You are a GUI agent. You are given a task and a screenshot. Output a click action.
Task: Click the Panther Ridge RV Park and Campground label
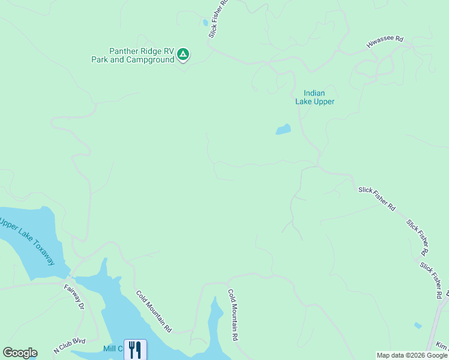(133, 56)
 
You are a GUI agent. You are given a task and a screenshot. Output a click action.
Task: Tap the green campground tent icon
(184, 55)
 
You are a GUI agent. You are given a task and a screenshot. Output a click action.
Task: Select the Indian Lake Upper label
(315, 97)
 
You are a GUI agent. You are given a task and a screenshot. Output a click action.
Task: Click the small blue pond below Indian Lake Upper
(283, 129)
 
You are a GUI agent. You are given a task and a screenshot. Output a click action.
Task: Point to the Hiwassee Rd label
(385, 43)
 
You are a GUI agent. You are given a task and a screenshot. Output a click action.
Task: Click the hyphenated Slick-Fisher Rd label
(377, 198)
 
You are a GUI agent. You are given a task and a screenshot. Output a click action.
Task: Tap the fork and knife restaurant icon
(135, 350)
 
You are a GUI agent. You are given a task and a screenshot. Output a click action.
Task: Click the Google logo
(20, 353)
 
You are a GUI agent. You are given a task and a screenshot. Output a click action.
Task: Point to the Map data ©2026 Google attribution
(412, 355)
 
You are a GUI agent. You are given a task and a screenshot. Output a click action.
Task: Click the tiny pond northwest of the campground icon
(205, 23)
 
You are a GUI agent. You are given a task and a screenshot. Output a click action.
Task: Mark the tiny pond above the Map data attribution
(418, 325)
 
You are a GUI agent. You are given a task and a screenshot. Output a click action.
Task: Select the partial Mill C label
(112, 349)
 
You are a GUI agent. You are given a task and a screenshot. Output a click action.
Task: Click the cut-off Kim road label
(442, 347)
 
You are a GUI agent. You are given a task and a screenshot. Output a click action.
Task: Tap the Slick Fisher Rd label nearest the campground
(218, 18)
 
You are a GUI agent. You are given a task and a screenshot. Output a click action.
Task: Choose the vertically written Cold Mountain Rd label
(233, 315)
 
